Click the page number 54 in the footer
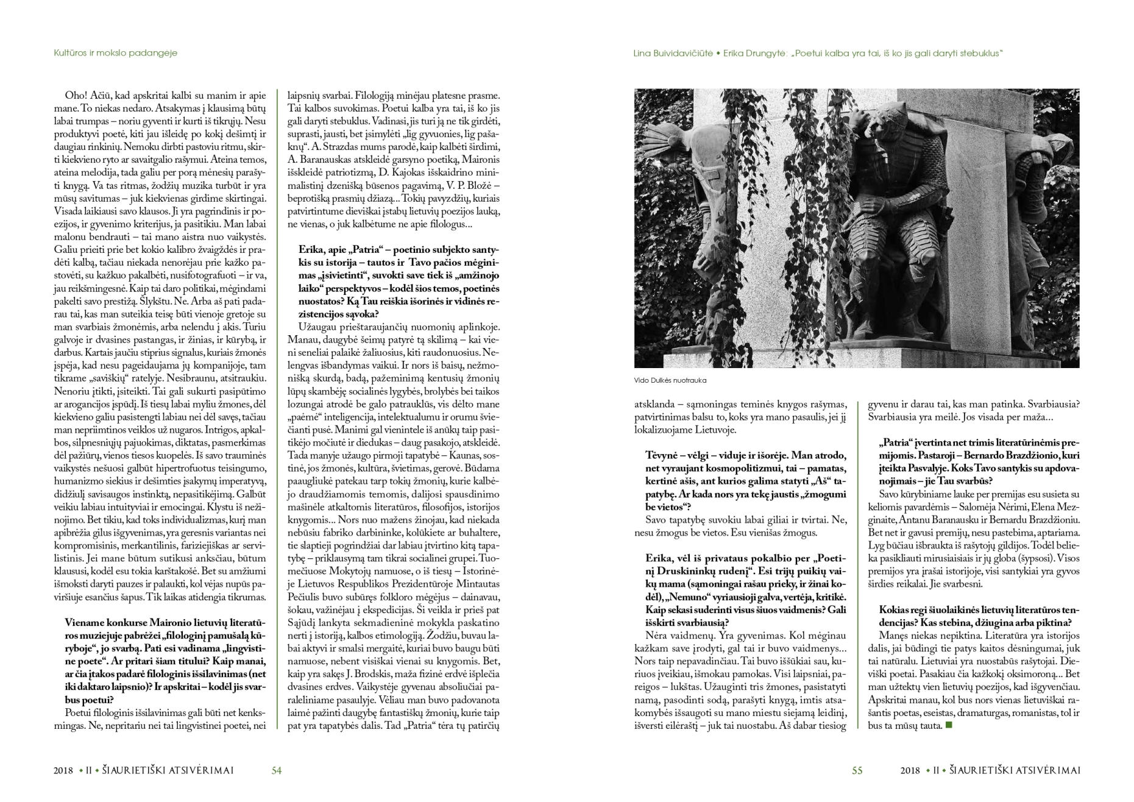276,770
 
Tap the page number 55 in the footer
857,770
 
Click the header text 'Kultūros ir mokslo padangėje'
115,53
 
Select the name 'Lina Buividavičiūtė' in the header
673,53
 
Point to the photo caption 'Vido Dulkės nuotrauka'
670,380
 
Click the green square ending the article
948,725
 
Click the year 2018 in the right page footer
910,770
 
